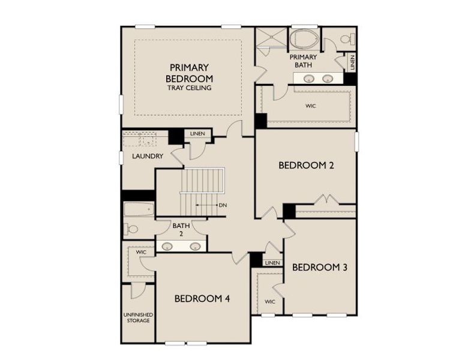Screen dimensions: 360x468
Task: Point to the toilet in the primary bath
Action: pos(347,39)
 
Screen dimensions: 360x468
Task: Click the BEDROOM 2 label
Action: pos(305,165)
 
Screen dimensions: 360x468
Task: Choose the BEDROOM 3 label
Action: pos(319,267)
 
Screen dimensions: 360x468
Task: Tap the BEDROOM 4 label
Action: pos(203,298)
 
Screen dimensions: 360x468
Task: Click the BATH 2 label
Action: pos(181,230)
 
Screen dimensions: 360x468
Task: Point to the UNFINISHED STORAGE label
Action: pos(138,317)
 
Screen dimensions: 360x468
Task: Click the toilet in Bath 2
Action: pos(131,229)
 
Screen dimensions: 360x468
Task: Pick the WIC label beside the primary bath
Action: pos(310,106)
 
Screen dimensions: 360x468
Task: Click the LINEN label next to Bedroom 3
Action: pos(272,263)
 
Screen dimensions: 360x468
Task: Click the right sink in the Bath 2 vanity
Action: pos(195,246)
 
